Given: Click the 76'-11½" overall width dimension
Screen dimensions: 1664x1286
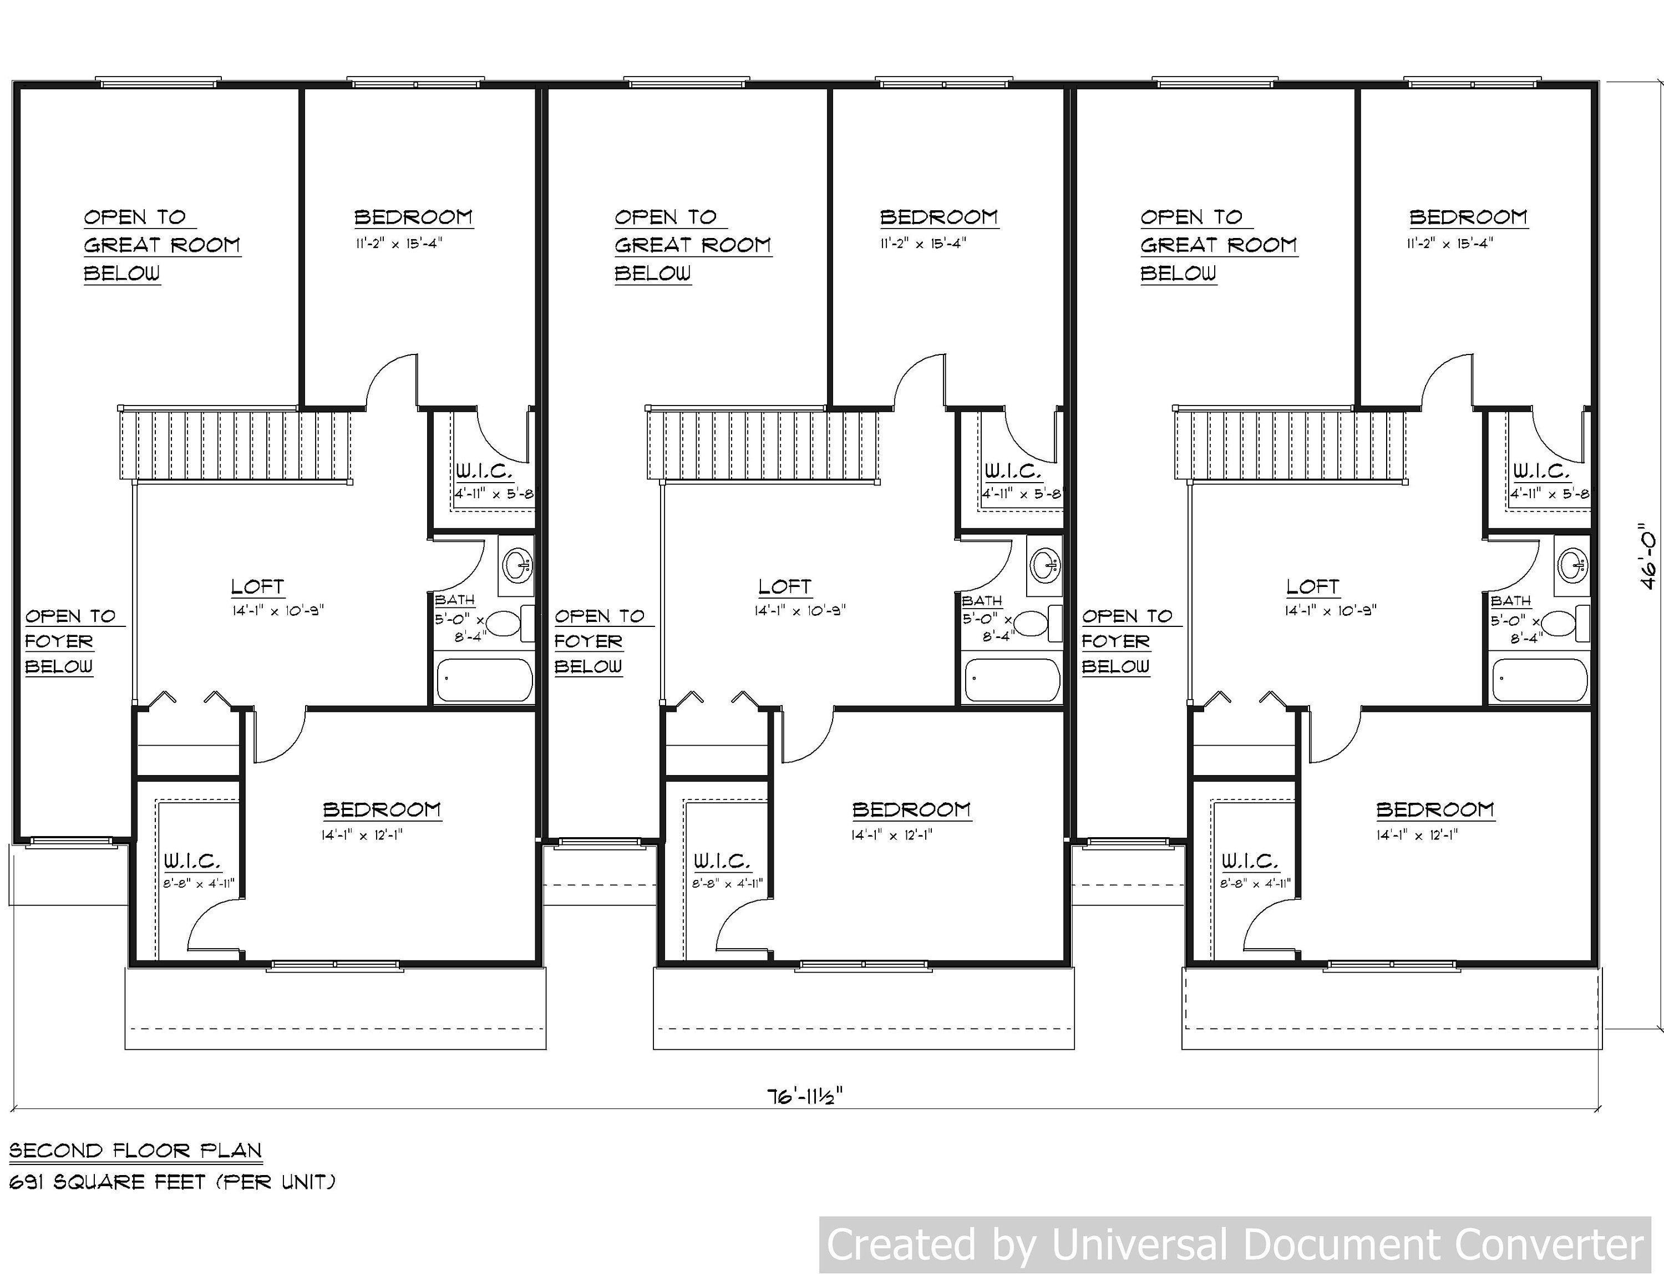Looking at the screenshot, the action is point(805,1096).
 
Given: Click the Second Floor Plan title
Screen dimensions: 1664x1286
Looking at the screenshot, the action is point(136,1151).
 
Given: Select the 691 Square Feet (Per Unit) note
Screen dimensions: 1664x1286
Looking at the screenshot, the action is point(172,1182).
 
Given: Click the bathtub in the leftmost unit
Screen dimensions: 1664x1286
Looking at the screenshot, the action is point(483,680).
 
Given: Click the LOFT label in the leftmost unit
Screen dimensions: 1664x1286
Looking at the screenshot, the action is point(257,588).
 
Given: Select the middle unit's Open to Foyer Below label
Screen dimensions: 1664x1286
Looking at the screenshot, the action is point(600,641).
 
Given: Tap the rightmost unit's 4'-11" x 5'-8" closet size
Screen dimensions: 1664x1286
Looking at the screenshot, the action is point(1550,494).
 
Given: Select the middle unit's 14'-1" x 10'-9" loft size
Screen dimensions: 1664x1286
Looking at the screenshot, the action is point(800,611).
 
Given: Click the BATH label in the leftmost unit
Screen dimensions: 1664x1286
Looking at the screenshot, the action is point(455,600).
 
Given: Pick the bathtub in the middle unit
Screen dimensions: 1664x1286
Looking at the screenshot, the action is point(1012,680).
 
